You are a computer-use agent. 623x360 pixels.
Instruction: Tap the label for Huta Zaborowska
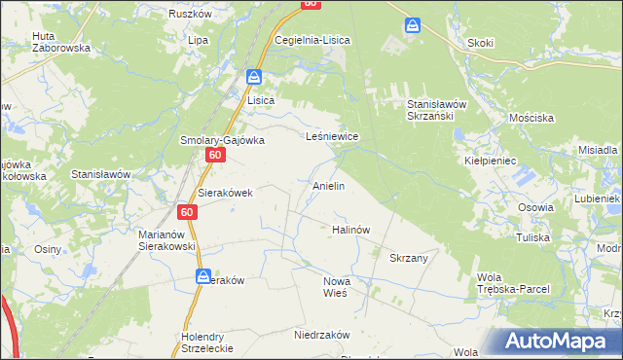coord(60,41)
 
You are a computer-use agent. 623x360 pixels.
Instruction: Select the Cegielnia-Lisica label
coord(311,40)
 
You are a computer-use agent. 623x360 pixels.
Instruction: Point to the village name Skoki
coord(481,42)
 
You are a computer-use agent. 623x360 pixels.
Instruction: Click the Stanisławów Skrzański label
coord(438,109)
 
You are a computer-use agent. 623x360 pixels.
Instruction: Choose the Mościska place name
coord(531,118)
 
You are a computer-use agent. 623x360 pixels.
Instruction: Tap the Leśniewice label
coord(333,137)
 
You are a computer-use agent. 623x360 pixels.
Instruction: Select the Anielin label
coord(328,185)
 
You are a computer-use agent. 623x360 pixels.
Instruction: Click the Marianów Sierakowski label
coord(167,240)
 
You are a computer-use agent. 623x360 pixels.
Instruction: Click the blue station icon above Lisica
coord(254,77)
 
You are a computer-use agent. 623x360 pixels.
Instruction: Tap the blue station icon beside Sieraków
coord(202,276)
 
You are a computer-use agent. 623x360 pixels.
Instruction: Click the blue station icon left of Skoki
coord(414,24)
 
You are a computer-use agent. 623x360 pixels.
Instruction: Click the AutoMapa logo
coord(560,341)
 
